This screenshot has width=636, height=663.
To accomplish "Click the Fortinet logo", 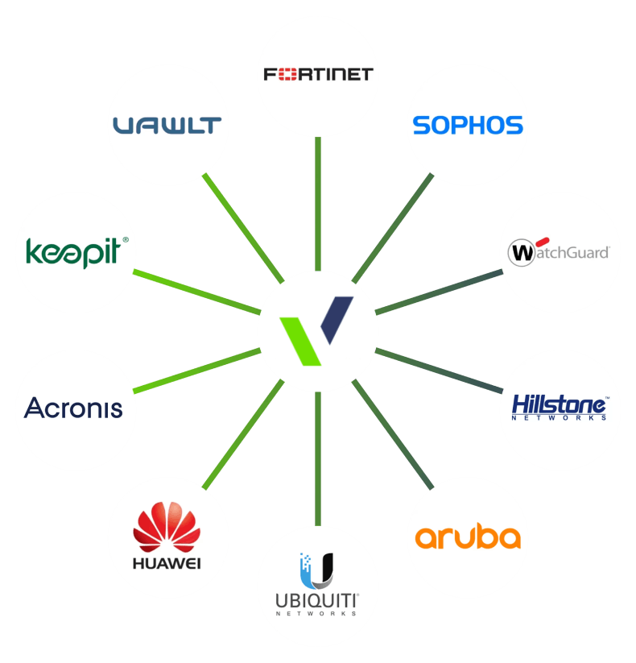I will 318,75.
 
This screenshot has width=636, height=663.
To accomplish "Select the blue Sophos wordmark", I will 468,126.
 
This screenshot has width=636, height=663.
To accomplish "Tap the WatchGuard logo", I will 560,252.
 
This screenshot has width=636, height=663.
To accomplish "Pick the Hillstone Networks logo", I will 560,407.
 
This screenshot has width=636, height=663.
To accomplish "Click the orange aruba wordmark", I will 468,537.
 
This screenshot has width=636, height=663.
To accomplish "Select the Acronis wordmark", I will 74,408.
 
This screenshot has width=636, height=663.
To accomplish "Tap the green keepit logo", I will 72,251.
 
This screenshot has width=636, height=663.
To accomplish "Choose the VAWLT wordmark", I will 167,126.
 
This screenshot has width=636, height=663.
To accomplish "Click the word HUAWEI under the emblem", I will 167,561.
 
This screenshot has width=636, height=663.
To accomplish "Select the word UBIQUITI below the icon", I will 317,601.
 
